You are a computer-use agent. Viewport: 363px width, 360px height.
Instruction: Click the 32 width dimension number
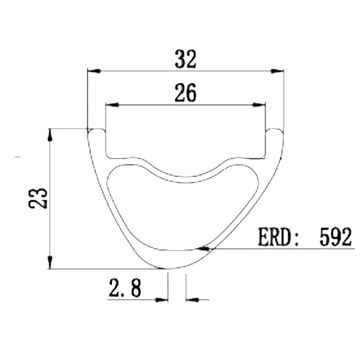185,59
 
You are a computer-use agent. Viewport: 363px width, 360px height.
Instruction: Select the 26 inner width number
185,93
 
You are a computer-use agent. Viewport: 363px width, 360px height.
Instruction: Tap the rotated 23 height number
38,198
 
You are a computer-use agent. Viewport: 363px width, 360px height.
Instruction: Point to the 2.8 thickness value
125,287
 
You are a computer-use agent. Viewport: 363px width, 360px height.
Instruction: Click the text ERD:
278,237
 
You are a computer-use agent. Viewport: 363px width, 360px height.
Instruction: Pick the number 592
335,237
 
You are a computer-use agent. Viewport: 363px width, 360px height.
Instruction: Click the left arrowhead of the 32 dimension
94,71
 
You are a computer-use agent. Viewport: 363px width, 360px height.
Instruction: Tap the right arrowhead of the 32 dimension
277,71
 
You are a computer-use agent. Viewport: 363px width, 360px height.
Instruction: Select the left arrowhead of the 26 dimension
112,105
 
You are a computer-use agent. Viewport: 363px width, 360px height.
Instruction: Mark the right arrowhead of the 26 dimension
259,105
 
